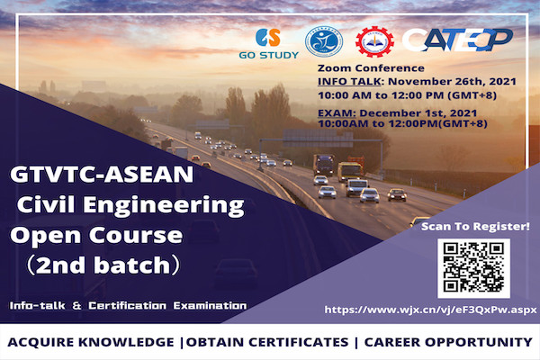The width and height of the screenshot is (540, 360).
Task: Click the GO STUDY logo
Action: coord(268,43)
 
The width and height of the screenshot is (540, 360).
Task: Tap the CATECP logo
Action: coord(458,40)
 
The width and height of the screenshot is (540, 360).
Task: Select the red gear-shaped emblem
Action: coord(374,41)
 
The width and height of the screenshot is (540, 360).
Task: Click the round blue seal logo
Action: coord(324,41)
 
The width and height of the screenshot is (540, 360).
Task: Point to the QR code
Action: coord(473,268)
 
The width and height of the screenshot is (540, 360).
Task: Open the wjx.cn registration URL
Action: coord(430,310)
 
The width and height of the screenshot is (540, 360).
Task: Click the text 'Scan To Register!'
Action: coord(475,226)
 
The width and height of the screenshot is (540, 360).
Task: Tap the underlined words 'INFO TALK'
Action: coord(349,82)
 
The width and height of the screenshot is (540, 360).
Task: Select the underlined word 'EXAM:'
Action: coord(337,113)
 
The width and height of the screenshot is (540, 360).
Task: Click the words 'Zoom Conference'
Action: coord(371,67)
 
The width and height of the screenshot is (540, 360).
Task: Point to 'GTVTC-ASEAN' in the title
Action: coord(102,175)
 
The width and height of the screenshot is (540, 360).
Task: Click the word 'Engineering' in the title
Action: coord(164,206)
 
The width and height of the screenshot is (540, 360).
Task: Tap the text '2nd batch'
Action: coord(103,265)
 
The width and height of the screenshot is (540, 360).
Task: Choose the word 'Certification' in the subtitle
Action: coord(127,306)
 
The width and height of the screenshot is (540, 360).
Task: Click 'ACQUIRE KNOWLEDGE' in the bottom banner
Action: coord(91,342)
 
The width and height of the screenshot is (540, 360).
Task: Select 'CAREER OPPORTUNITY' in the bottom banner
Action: coord(448,342)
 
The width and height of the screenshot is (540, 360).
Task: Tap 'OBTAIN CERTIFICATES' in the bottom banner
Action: coord(267,342)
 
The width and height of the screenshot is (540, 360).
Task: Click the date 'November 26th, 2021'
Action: coord(452,82)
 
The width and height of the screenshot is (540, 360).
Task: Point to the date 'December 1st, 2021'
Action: coord(418,113)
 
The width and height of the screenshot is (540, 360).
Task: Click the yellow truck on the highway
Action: coord(350,172)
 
